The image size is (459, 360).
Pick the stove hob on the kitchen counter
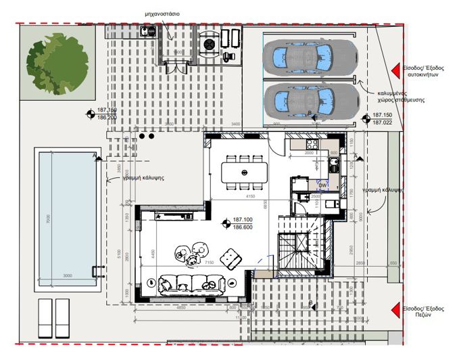(x=312, y=143)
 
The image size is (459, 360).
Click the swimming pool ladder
(x=98, y=272)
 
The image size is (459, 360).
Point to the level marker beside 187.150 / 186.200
(x=89, y=114)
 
